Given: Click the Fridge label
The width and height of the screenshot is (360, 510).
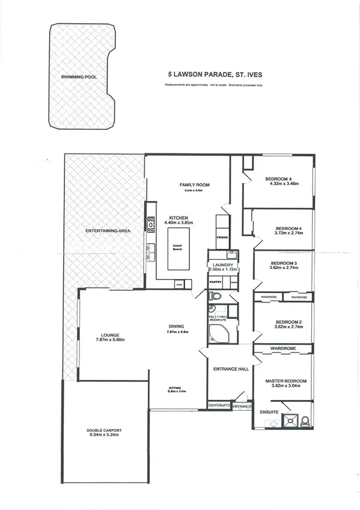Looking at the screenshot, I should tap(222, 238).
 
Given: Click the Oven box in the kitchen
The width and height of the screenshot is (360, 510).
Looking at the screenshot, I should tap(179, 284).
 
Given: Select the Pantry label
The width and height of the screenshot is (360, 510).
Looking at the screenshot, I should tap(216, 281).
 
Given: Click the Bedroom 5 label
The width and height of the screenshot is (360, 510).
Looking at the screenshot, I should tap(278, 179).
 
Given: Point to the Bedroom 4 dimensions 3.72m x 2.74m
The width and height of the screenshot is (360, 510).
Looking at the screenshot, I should tap(288, 235).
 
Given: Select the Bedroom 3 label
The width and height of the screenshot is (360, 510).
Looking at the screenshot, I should tap(284, 263).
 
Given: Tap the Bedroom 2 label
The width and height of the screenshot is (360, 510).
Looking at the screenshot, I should tap(283, 321).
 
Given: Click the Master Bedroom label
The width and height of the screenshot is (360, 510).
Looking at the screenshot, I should tap(286, 381).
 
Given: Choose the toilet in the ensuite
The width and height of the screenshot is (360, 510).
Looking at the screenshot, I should tap(304, 420).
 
